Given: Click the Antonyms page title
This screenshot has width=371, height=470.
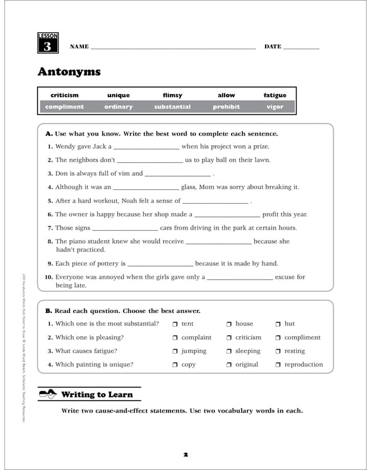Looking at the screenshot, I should point(69,71).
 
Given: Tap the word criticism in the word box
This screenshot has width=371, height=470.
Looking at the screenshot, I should point(64,95).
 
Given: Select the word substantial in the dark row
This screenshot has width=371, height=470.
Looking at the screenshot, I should point(172,107).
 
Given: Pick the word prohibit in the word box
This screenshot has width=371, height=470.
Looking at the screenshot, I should point(226,107).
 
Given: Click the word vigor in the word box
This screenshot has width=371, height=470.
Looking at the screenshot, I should point(274,107).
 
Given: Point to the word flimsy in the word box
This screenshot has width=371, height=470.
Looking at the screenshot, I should point(172,95).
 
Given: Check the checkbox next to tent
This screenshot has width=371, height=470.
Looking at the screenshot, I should point(175,324).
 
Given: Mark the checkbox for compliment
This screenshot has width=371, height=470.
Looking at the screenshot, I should point(278,338).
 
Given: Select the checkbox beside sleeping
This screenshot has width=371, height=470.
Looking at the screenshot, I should point(230,351).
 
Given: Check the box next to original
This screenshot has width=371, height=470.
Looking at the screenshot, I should point(230,365).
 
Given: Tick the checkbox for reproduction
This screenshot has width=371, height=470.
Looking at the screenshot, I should point(278,365).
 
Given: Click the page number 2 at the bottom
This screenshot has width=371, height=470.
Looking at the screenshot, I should point(186,454).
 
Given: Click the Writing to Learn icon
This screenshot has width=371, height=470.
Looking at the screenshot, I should point(47,394).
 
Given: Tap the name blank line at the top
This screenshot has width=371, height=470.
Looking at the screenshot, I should point(173,47).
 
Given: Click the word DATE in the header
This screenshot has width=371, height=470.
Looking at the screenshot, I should point(273,47).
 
